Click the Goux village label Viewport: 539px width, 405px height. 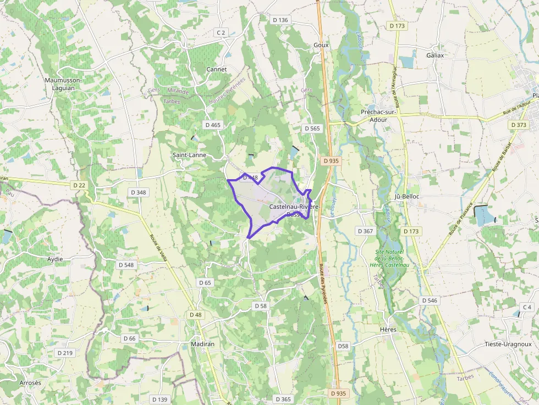point(321,45)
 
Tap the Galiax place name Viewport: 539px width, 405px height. point(435,56)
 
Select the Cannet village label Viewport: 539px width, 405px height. point(216,70)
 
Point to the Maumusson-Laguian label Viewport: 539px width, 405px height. point(63,84)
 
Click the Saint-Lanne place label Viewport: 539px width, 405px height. point(189,155)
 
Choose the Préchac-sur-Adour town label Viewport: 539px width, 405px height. point(378,115)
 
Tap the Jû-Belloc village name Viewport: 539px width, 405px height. point(407,197)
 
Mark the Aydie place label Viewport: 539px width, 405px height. point(55,259)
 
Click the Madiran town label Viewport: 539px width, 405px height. point(202,343)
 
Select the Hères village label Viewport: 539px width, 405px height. point(388,330)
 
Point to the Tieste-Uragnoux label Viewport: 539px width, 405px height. point(508,344)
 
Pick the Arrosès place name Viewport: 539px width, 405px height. point(30,382)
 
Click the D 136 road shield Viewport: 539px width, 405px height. point(280,20)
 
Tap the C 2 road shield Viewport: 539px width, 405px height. point(221,33)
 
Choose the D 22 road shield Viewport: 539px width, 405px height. point(79,185)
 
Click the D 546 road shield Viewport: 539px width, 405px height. point(429,301)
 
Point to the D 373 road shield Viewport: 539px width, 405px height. point(518,125)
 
